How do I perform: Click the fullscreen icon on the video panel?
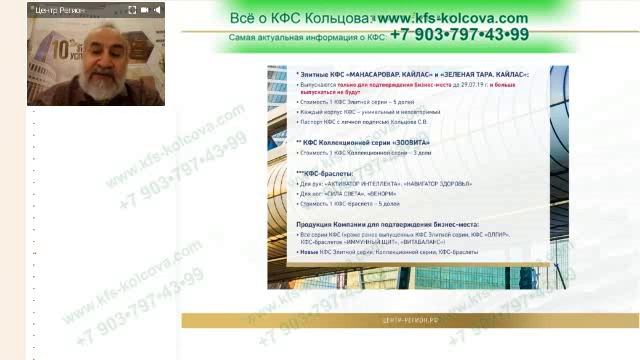click(x=159, y=9)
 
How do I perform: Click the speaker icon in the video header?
click(x=145, y=9)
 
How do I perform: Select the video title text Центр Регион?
click(x=60, y=9)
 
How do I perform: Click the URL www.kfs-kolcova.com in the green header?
click(x=454, y=18)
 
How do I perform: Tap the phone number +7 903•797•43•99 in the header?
click(x=460, y=35)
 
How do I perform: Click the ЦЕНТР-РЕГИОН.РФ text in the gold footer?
click(x=411, y=320)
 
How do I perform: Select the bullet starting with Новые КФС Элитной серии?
click(x=400, y=253)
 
